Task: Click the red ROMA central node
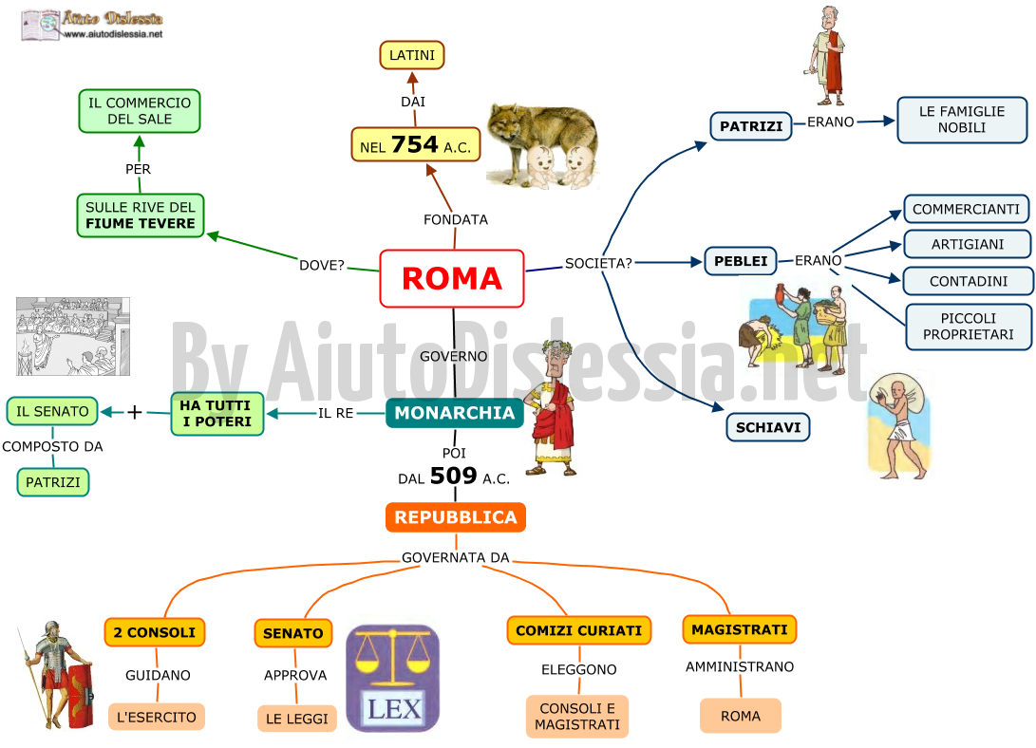tap(452, 279)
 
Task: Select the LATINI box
tap(411, 55)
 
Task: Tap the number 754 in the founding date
tap(414, 144)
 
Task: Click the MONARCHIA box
tap(455, 413)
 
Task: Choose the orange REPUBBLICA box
tap(455, 517)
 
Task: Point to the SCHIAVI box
tap(768, 427)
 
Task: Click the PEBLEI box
tap(741, 261)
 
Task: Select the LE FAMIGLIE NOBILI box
tap(962, 120)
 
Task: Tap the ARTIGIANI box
tap(968, 244)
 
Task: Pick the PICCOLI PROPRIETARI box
tap(968, 327)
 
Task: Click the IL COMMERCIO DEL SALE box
tap(140, 111)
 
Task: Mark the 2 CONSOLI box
tap(155, 632)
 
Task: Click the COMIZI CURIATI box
tap(579, 630)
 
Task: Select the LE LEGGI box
tap(296, 719)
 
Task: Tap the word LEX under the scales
tap(394, 709)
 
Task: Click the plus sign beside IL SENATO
tap(135, 413)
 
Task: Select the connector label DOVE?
tap(322, 266)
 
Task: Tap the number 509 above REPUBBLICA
tap(453, 476)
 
